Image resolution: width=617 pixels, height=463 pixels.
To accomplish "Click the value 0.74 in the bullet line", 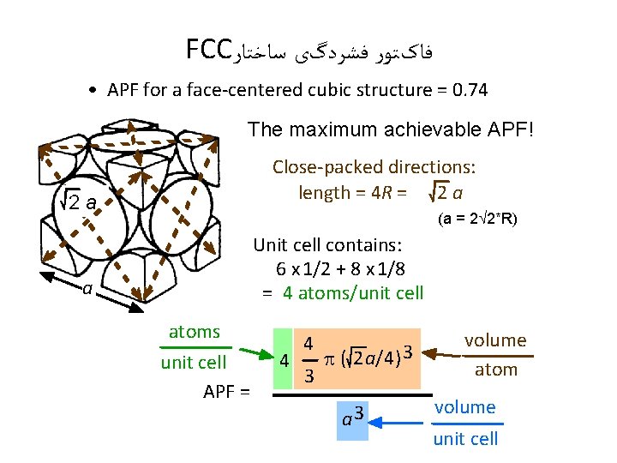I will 467,90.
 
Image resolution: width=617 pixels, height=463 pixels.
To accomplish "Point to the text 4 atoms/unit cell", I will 353,292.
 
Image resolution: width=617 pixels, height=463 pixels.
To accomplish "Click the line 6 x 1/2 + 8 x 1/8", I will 340,268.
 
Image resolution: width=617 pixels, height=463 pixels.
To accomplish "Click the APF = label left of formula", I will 227,393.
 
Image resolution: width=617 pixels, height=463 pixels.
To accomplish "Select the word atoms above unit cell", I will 195,332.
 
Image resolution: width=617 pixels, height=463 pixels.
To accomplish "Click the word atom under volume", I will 496,370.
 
